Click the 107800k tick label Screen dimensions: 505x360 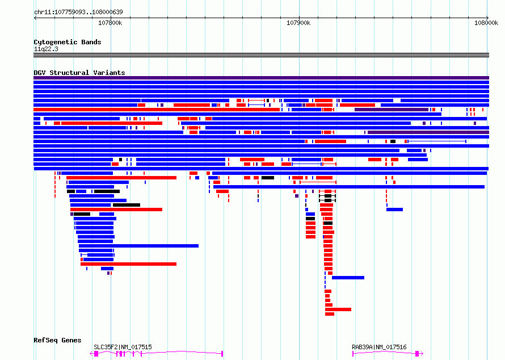[110, 23]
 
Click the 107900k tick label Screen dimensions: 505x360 [298, 23]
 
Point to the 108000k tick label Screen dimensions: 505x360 [486, 23]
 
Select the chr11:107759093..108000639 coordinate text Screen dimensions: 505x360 [78, 12]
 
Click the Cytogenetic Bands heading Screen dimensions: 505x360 [68, 42]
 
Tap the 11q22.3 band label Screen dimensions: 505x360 [46, 49]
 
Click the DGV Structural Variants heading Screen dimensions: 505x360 [79, 73]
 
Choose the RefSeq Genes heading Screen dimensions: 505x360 [57, 340]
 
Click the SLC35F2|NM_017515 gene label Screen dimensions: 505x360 [123, 347]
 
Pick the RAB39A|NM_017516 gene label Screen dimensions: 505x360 [379, 347]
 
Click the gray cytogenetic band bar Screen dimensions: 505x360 [261, 55]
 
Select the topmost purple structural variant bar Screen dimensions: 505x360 [261, 78]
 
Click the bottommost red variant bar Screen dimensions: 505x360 [330, 314]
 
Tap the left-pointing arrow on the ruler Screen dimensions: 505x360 [35, 18]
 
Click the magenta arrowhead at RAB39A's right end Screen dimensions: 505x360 [422, 354]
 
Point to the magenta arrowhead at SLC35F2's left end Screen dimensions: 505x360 [91, 354]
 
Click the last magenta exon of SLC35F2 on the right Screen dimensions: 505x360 [222, 354]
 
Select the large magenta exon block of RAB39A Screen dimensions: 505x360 [417, 354]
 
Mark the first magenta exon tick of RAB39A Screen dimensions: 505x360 [353, 354]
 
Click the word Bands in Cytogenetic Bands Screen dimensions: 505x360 [91, 42]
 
